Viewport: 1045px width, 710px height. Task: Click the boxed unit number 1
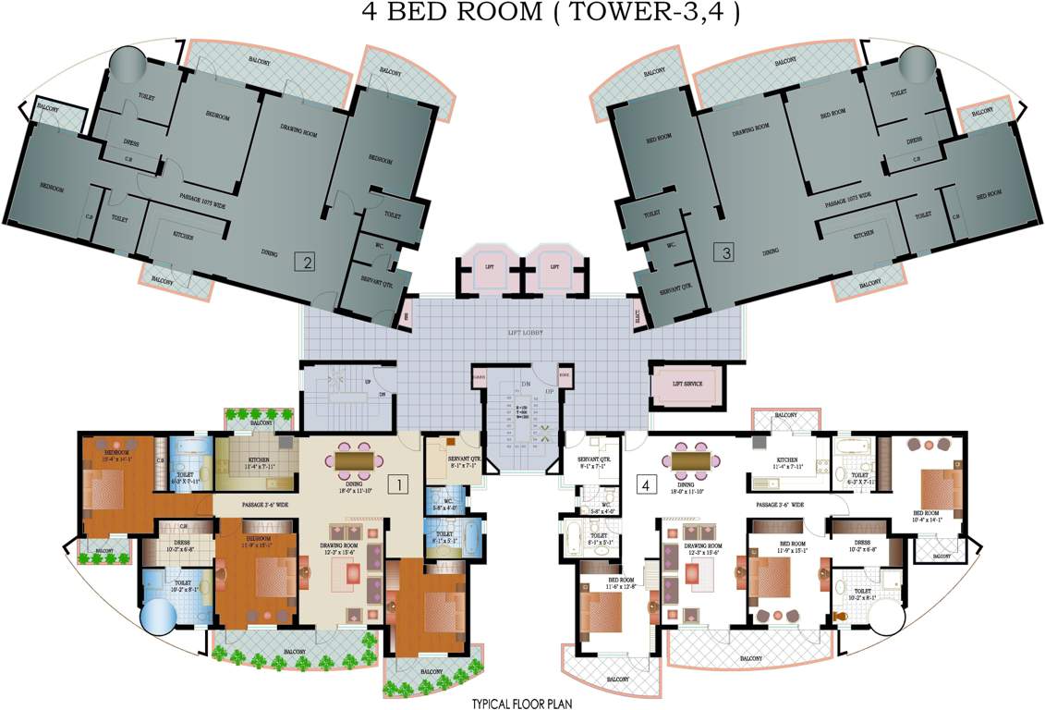click(x=398, y=483)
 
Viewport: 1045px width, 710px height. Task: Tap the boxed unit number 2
click(x=305, y=261)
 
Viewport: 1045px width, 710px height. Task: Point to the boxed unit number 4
click(x=646, y=482)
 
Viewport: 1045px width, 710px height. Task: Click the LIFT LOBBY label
click(x=524, y=331)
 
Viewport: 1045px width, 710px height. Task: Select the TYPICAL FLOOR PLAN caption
click(x=522, y=703)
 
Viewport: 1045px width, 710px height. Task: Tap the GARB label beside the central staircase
click(x=479, y=375)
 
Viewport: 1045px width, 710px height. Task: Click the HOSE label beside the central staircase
click(x=564, y=375)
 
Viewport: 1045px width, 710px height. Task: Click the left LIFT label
click(x=490, y=266)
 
